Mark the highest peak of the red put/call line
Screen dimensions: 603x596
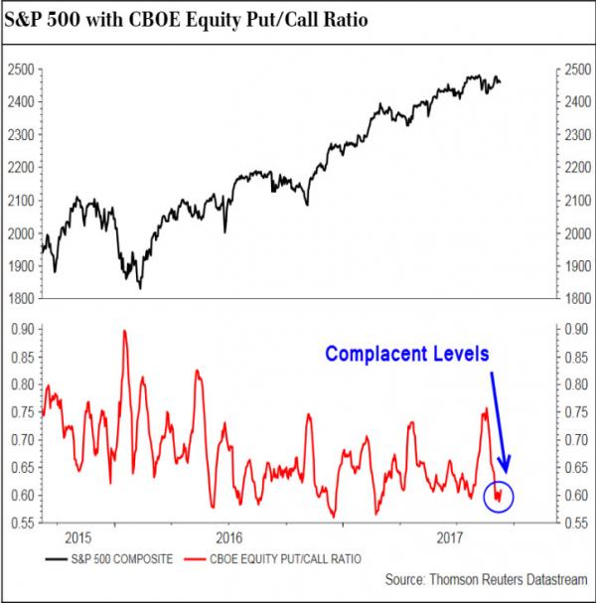click(x=124, y=331)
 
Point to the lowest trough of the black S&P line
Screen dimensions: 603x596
click(x=140, y=288)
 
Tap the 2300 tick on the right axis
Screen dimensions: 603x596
click(x=568, y=134)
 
